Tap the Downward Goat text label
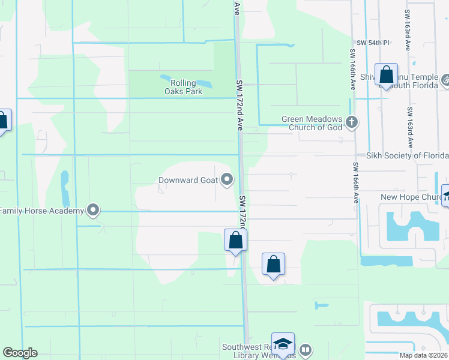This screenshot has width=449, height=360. (187, 179)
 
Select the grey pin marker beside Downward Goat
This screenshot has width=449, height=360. (227, 179)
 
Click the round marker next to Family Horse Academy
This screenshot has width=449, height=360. (93, 210)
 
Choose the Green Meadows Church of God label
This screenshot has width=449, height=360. (312, 123)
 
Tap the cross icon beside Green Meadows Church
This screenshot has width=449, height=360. (352, 123)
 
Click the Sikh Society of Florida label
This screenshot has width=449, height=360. (407, 155)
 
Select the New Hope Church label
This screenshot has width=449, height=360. (411, 197)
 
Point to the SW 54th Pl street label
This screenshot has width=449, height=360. (373, 43)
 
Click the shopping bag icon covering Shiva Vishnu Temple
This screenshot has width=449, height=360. (387, 75)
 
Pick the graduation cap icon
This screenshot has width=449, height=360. (283, 344)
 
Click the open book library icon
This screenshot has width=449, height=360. (306, 349)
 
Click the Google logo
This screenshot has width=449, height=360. (20, 353)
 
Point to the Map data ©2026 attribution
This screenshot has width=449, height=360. (423, 355)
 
